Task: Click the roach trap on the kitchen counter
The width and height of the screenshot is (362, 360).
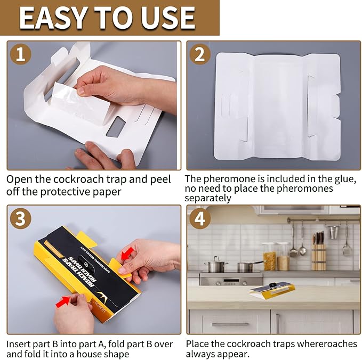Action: coord(271,289)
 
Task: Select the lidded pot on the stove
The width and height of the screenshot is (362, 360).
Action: coord(216,265)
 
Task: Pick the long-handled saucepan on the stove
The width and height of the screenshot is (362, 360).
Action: coord(246,266)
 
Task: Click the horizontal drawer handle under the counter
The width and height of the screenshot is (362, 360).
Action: coord(222,324)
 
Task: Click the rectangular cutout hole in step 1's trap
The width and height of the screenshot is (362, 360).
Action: coord(116,127)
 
